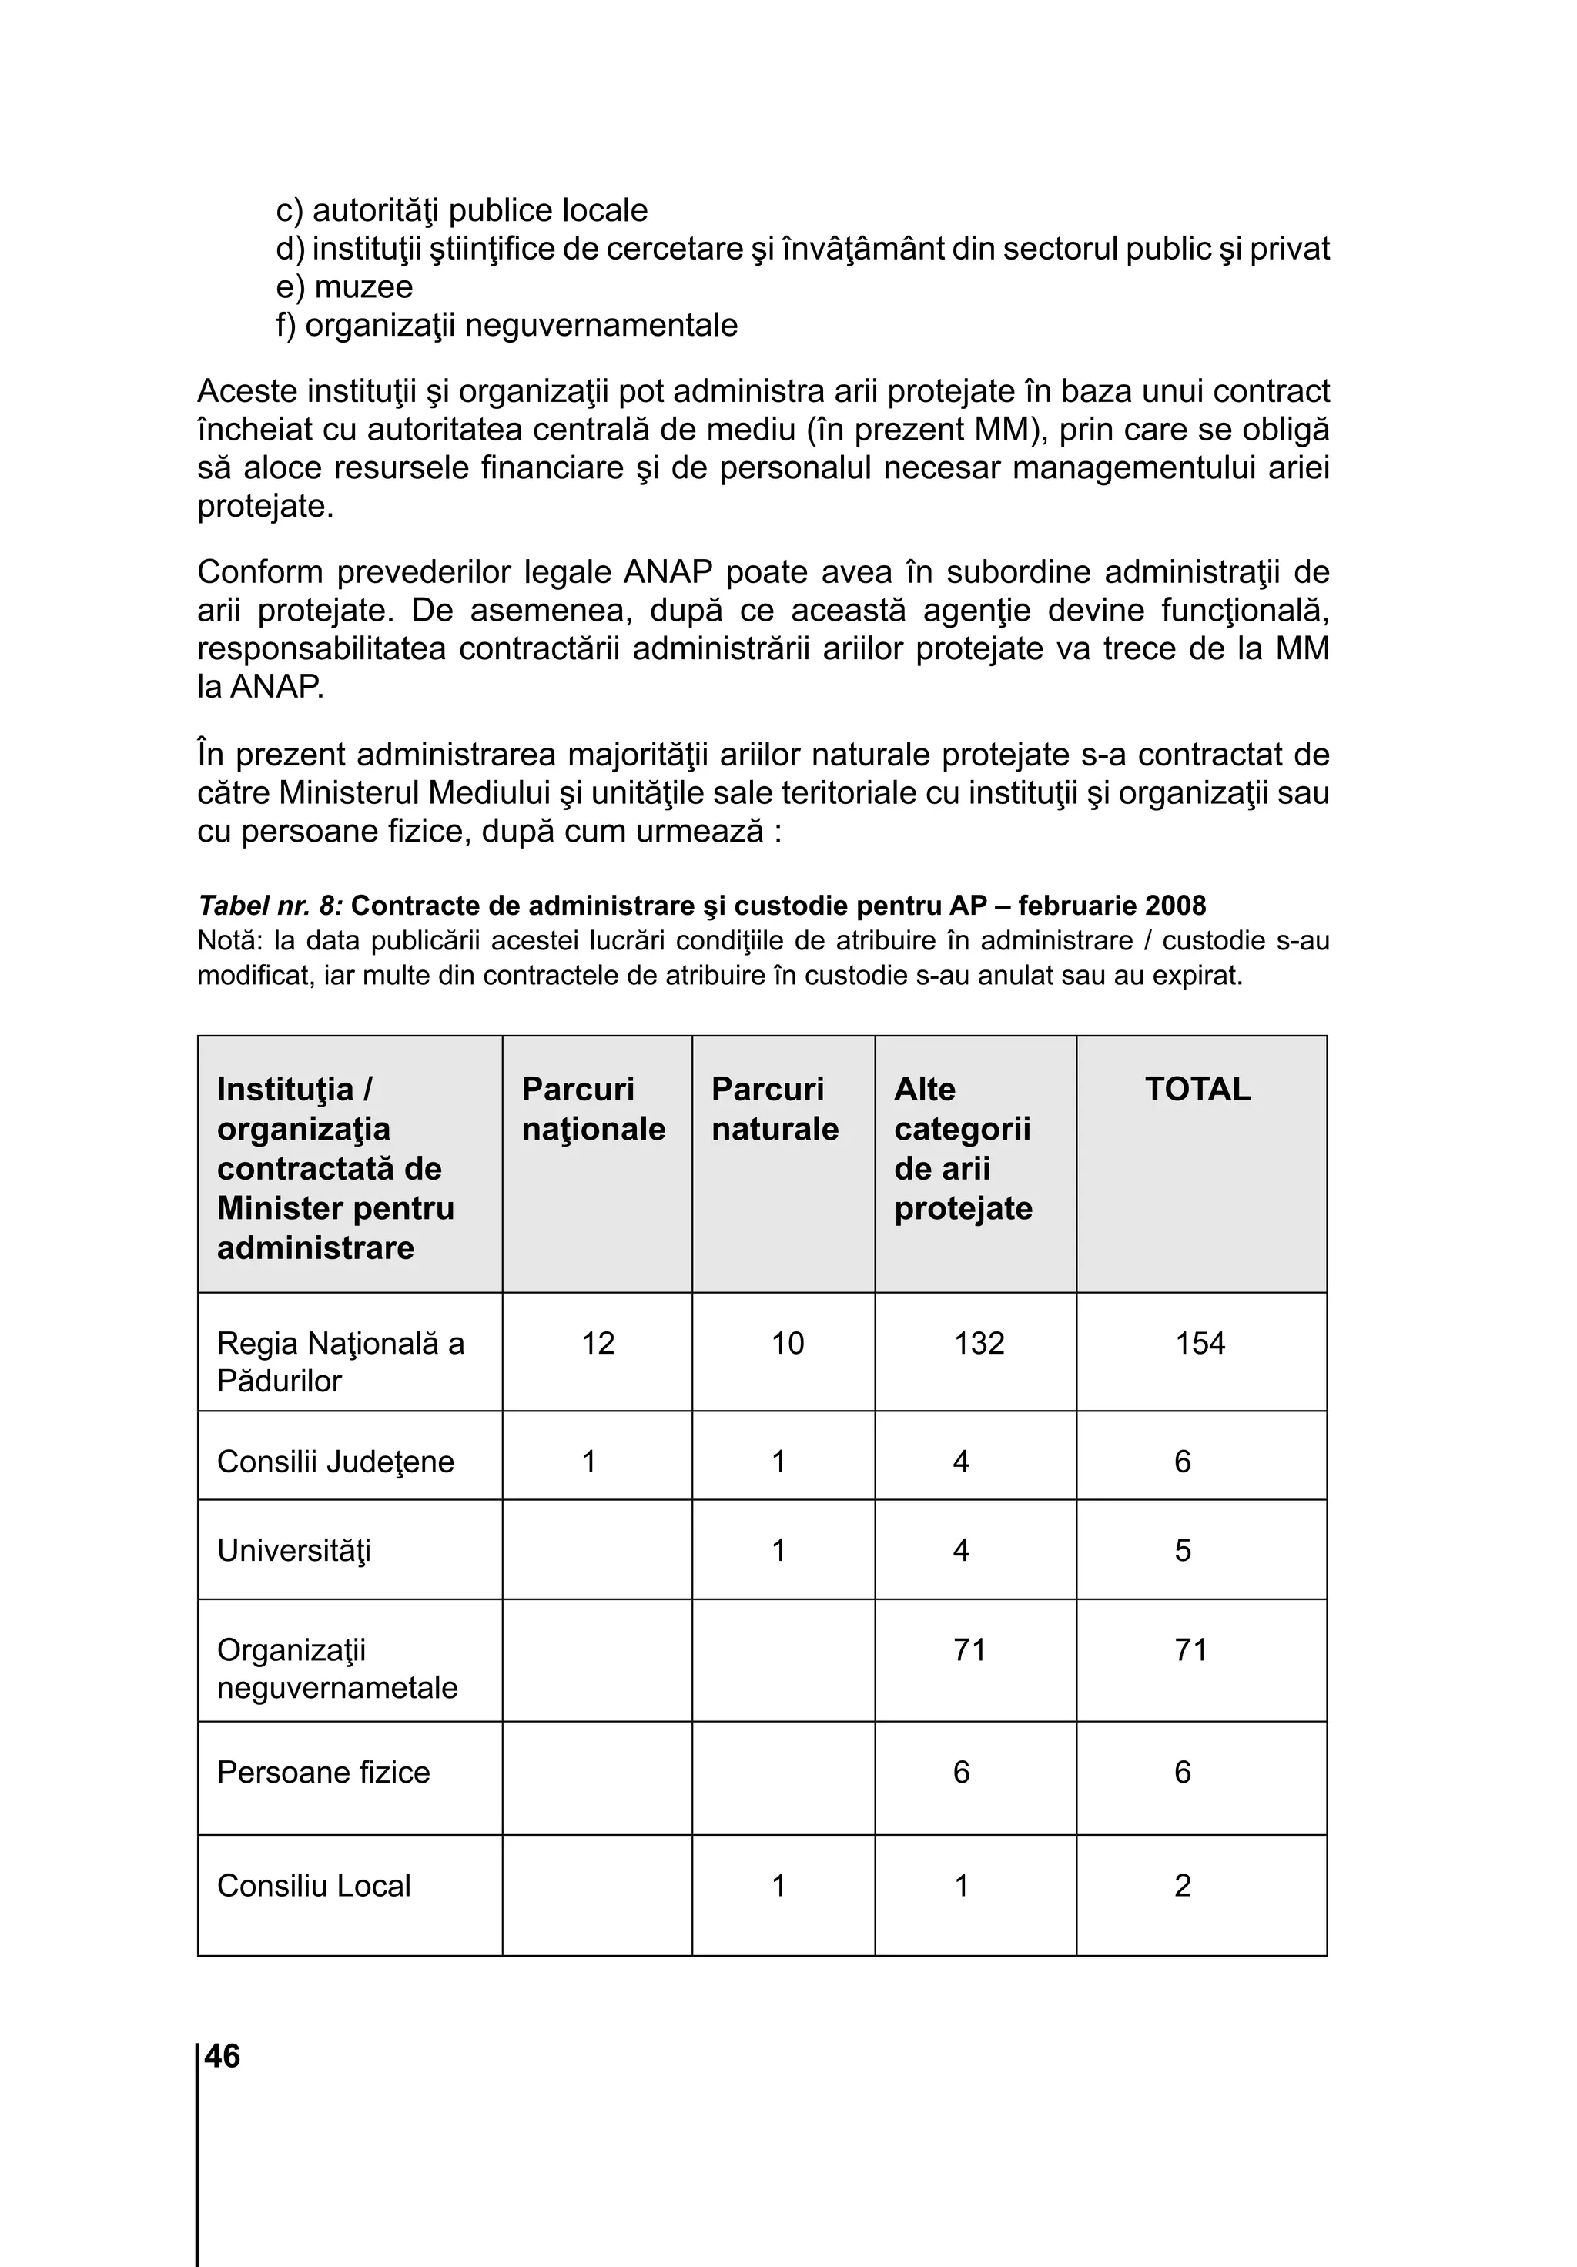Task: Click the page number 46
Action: click(223, 2056)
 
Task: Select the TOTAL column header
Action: click(1197, 1089)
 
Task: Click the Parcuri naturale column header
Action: click(774, 1109)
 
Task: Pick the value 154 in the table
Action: click(1199, 1343)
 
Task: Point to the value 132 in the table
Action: click(979, 1343)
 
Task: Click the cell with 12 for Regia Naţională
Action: click(598, 1343)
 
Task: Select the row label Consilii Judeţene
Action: click(335, 1462)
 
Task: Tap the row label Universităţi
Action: click(293, 1550)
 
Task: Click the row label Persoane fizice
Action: click(323, 1773)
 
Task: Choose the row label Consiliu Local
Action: click(313, 1885)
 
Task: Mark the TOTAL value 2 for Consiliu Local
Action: click(1182, 1885)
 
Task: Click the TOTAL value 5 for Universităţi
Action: click(1182, 1550)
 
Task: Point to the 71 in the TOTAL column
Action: click(1190, 1650)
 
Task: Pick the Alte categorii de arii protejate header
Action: click(963, 1148)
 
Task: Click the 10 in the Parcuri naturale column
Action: click(787, 1343)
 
